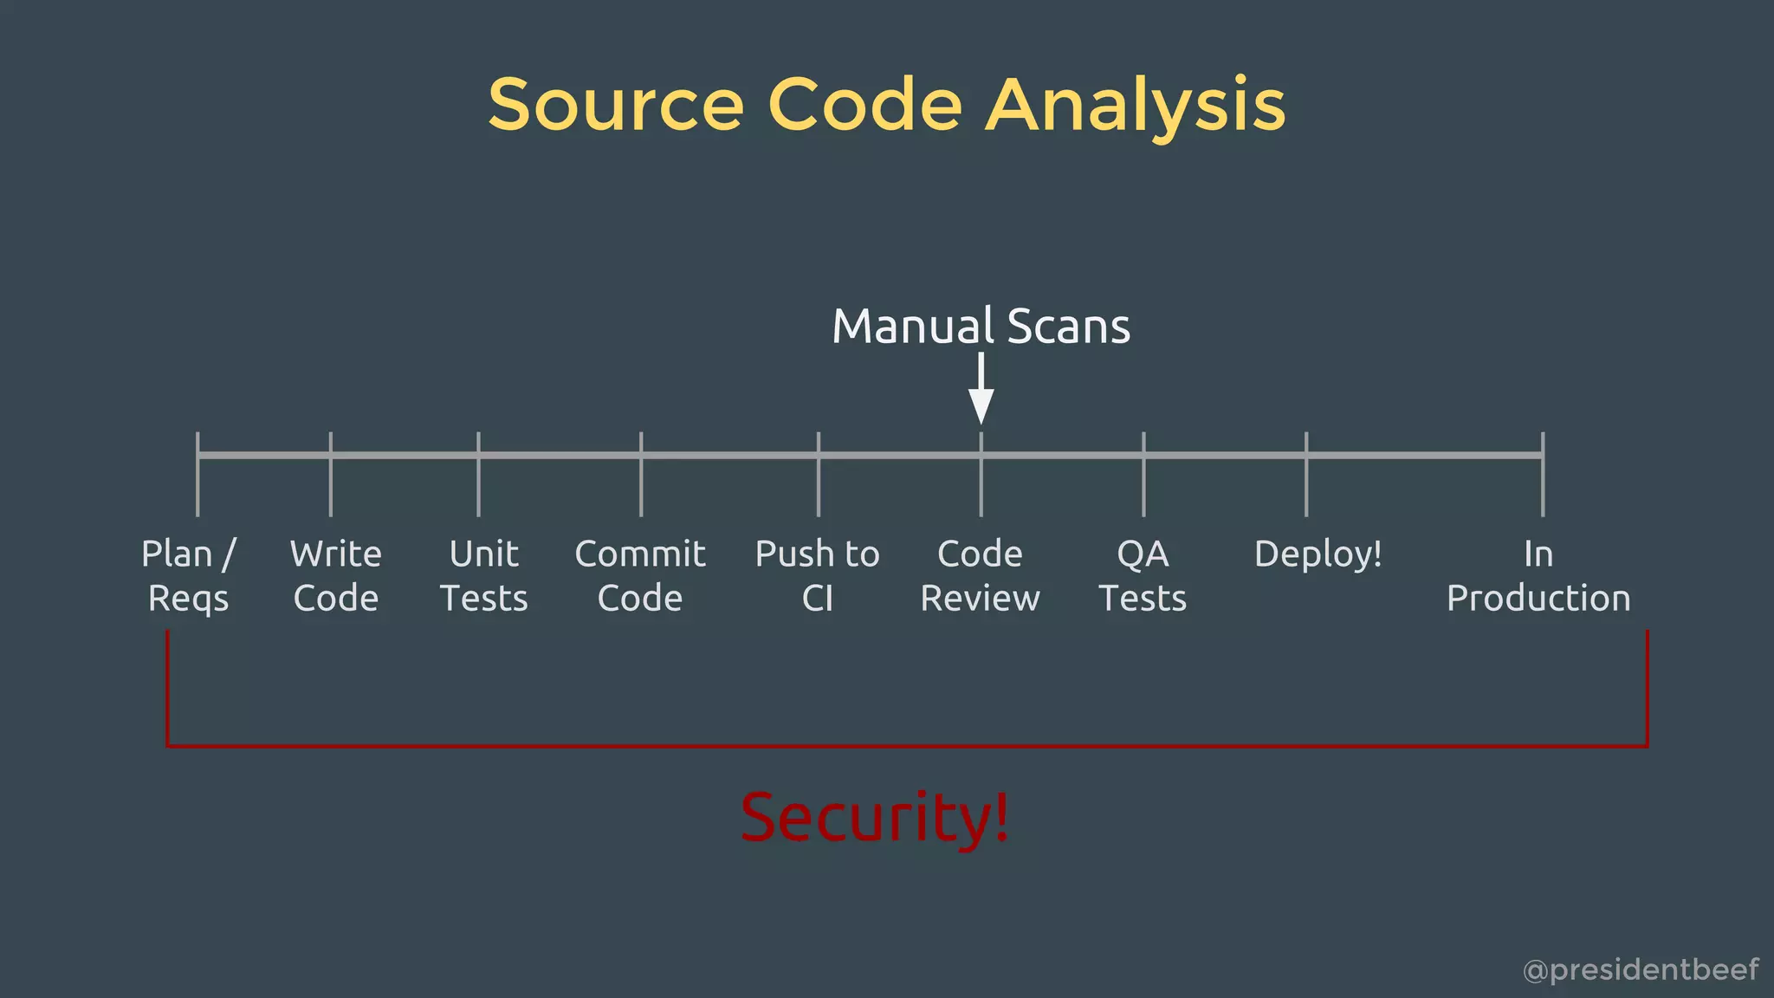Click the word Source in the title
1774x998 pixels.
(x=616, y=106)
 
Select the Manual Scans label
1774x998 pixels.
(x=981, y=327)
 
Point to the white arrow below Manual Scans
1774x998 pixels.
(x=981, y=390)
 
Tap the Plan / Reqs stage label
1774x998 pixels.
(x=189, y=576)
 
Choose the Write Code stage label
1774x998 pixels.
(x=336, y=576)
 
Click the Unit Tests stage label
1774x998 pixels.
(x=483, y=576)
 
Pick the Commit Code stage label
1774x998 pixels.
(x=640, y=576)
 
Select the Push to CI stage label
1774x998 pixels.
(x=817, y=576)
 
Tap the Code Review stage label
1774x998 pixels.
(x=980, y=576)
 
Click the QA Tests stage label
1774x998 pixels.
(x=1143, y=576)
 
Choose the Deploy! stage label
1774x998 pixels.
(x=1318, y=554)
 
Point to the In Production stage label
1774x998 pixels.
(x=1538, y=576)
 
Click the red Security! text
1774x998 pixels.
(x=875, y=817)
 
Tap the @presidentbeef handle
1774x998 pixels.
(x=1641, y=969)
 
